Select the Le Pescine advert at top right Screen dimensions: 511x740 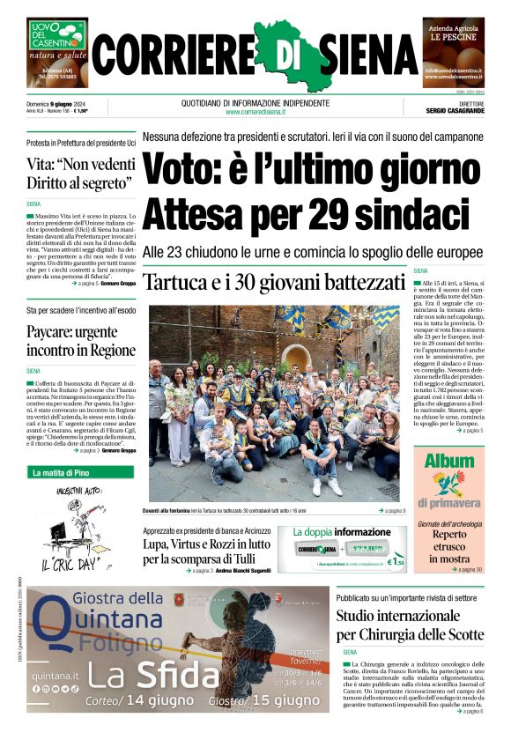click(453, 49)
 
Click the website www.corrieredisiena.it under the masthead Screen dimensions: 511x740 click(255, 112)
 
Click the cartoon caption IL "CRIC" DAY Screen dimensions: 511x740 click(73, 560)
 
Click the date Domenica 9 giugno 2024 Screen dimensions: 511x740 click(61, 104)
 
